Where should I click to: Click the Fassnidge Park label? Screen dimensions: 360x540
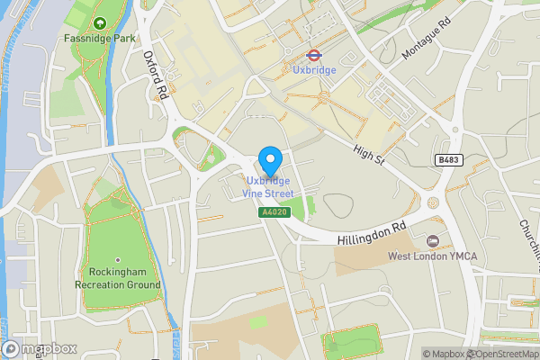tap(100, 39)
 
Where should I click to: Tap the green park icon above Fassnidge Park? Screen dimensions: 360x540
tap(100, 22)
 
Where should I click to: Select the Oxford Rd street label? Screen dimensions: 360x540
tap(157, 74)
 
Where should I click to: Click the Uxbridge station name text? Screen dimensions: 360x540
tap(315, 69)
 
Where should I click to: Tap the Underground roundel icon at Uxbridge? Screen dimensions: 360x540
tap(315, 54)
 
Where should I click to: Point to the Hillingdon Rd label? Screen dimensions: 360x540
tap(373, 235)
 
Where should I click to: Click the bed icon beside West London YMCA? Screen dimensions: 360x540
tap(433, 241)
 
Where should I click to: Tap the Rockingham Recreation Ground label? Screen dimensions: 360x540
tap(119, 278)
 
